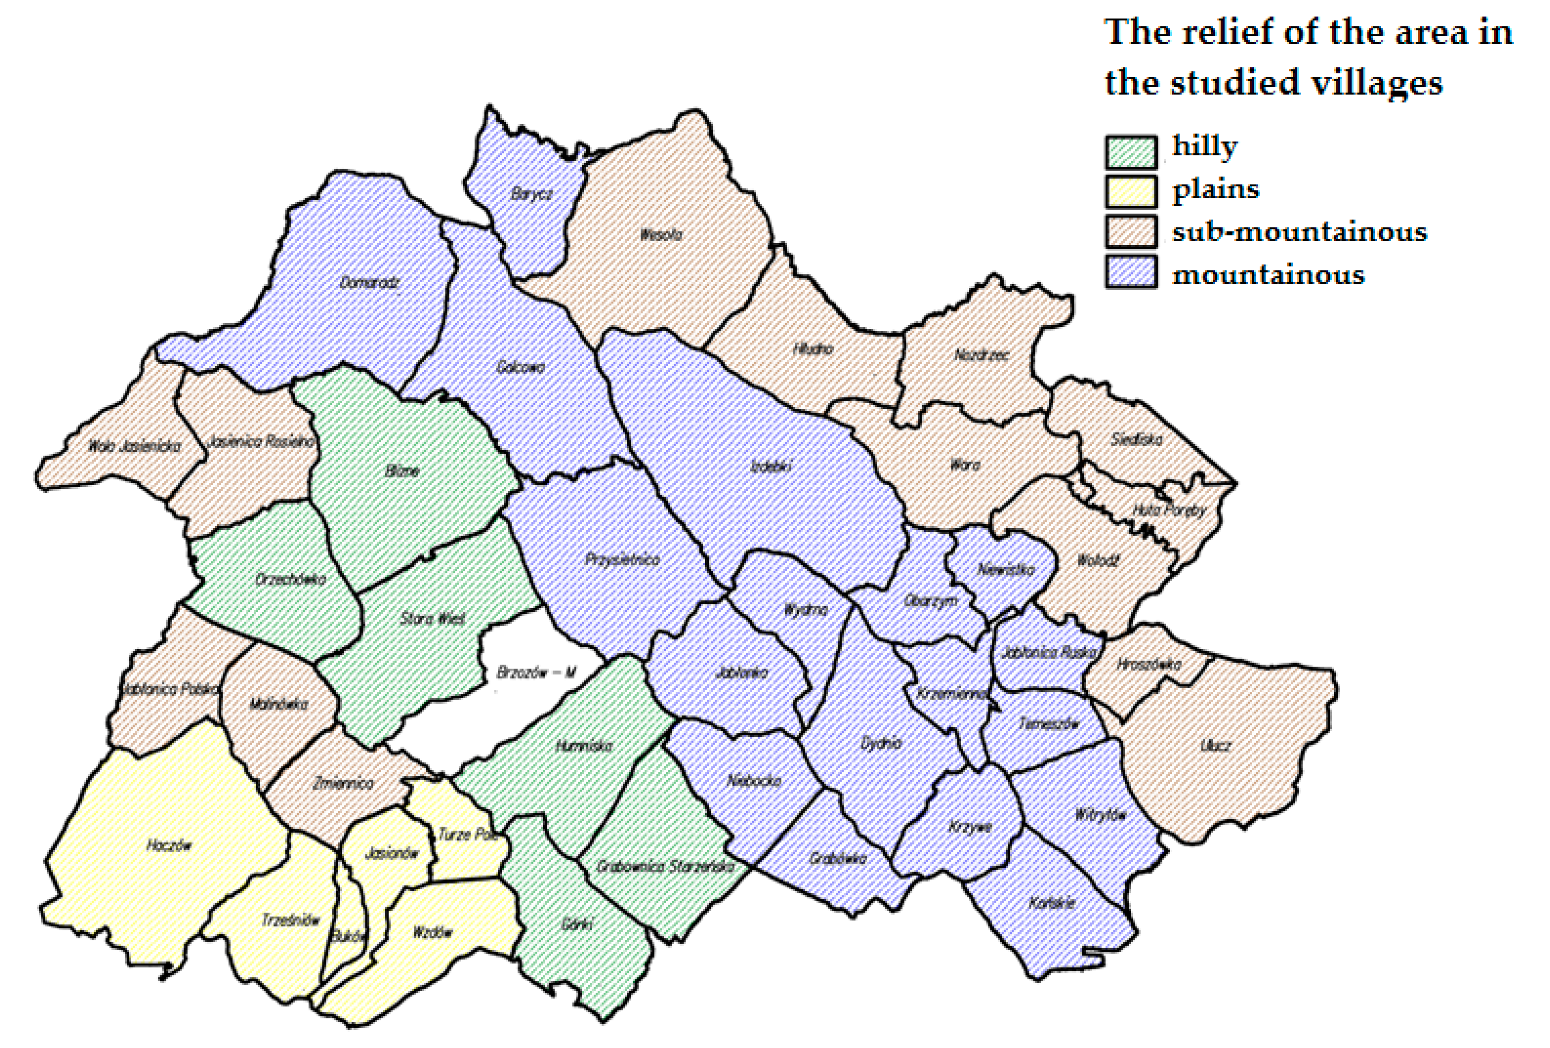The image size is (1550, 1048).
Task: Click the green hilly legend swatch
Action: pyautogui.click(x=1130, y=152)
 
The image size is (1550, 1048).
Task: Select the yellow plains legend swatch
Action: pyautogui.click(x=1130, y=191)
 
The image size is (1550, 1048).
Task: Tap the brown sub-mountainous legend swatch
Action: pyautogui.click(x=1130, y=231)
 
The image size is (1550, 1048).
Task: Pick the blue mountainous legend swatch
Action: pyautogui.click(x=1130, y=271)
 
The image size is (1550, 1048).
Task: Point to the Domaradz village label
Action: pyautogui.click(x=369, y=283)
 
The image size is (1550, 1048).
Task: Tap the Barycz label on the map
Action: pyautogui.click(x=532, y=194)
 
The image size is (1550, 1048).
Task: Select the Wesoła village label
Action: pyautogui.click(x=660, y=234)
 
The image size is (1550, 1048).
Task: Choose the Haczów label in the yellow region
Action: pyautogui.click(x=169, y=846)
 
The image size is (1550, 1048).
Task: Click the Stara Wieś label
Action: pyautogui.click(x=432, y=619)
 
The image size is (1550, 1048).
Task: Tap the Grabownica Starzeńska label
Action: pyautogui.click(x=665, y=866)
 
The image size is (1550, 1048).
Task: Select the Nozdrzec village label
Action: pyautogui.click(x=980, y=356)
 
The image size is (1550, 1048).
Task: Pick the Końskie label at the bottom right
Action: pyautogui.click(x=1052, y=903)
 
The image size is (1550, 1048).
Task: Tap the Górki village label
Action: pyautogui.click(x=577, y=925)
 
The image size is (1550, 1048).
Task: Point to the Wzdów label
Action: pyautogui.click(x=432, y=933)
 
